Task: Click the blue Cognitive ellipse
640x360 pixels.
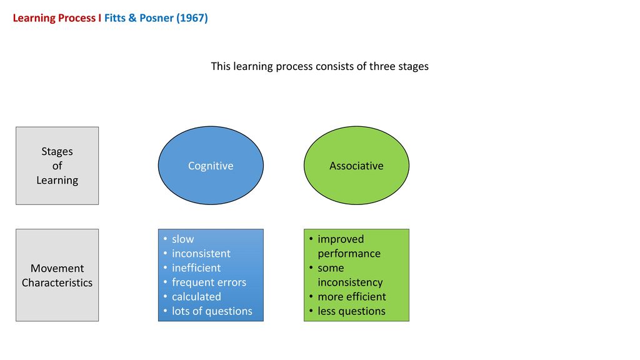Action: [x=211, y=165]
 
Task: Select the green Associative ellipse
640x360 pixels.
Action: [x=356, y=165]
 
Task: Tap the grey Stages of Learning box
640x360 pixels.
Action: [x=57, y=166]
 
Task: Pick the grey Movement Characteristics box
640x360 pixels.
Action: [x=57, y=275]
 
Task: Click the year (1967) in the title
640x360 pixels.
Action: [x=192, y=18]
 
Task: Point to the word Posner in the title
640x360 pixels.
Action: [x=156, y=18]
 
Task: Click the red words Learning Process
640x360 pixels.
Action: [x=54, y=18]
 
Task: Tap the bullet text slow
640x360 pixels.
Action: [x=182, y=239]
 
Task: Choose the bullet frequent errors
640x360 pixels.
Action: [x=209, y=282]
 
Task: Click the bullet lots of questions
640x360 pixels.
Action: [x=212, y=311]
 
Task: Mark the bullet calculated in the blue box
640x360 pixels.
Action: [x=196, y=296]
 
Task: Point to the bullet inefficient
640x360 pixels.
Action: [x=196, y=267]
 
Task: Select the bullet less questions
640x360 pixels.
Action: [x=351, y=311]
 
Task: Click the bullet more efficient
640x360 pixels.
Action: [x=352, y=296]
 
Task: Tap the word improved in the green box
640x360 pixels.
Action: [x=341, y=239]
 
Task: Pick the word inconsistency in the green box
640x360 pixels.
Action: [x=350, y=282]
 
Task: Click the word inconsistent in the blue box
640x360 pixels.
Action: [x=201, y=254]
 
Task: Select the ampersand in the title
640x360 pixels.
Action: [x=132, y=18]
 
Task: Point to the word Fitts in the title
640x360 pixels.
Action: [x=115, y=18]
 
